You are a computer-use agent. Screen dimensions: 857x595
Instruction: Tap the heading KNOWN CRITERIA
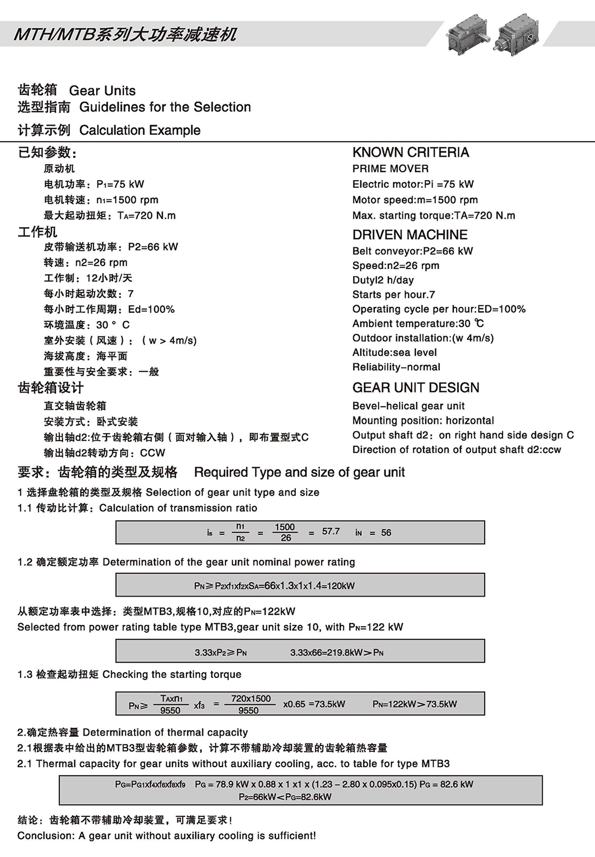click(411, 152)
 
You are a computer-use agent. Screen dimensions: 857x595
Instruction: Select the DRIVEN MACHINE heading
click(409, 234)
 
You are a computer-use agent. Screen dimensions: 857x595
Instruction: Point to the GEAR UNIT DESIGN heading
click(415, 388)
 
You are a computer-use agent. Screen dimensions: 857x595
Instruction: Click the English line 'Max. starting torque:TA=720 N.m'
click(433, 215)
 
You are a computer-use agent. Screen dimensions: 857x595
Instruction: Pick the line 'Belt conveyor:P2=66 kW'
click(412, 251)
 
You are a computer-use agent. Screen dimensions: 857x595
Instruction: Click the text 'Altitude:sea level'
click(394, 352)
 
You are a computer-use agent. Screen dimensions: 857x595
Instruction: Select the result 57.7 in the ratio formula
click(330, 532)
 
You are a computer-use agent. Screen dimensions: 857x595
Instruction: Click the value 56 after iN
click(386, 533)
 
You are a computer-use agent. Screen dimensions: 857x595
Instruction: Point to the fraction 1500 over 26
click(285, 532)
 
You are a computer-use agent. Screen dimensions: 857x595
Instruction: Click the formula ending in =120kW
click(274, 586)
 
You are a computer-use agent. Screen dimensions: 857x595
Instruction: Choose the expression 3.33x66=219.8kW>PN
click(336, 652)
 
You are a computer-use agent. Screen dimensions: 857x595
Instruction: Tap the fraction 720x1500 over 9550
click(250, 704)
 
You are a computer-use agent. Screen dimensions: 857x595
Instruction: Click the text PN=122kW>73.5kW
click(414, 704)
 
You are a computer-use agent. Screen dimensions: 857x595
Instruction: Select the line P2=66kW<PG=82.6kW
click(285, 797)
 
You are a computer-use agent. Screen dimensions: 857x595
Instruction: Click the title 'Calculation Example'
click(140, 130)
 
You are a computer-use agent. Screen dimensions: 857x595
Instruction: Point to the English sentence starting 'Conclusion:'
click(167, 836)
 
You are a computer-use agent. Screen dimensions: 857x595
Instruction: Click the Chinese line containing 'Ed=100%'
click(109, 310)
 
